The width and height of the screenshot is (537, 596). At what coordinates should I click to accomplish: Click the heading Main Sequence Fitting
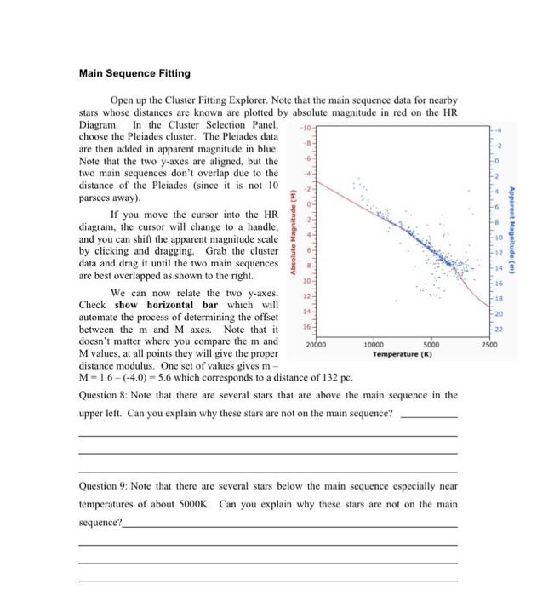tap(134, 74)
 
